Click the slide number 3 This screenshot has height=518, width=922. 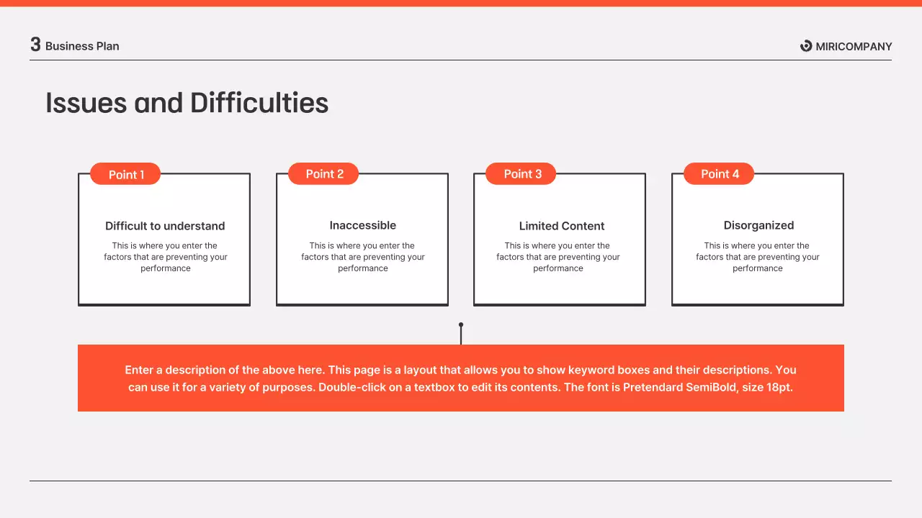(35, 45)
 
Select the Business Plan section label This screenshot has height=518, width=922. (82, 46)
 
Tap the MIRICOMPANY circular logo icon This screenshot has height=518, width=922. (806, 46)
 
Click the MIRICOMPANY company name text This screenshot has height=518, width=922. (854, 47)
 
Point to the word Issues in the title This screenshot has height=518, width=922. (86, 103)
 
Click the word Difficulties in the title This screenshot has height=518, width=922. (259, 103)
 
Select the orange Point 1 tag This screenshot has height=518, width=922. (126, 174)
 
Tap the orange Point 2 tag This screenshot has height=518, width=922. (324, 173)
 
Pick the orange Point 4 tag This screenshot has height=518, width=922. (720, 173)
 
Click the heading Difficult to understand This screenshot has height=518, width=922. (165, 226)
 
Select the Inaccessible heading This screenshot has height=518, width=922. (363, 225)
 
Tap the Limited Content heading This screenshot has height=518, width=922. (562, 226)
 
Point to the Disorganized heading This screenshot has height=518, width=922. (758, 225)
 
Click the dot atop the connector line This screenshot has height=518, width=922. (461, 324)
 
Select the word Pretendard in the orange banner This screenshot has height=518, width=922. (653, 387)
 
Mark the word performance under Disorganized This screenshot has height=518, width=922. (758, 268)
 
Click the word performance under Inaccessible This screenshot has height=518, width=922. (363, 268)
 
